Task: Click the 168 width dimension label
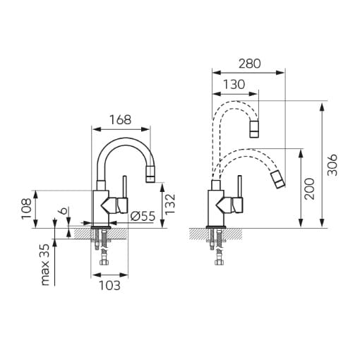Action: (121, 120)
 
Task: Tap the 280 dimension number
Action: (250, 64)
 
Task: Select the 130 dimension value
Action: (234, 85)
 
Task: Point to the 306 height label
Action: (332, 165)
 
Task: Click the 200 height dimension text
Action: (309, 189)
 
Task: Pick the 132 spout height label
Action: (170, 204)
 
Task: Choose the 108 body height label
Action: (26, 209)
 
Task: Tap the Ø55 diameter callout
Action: (143, 216)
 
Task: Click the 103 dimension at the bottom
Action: (109, 286)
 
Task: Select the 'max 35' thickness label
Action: (45, 265)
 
